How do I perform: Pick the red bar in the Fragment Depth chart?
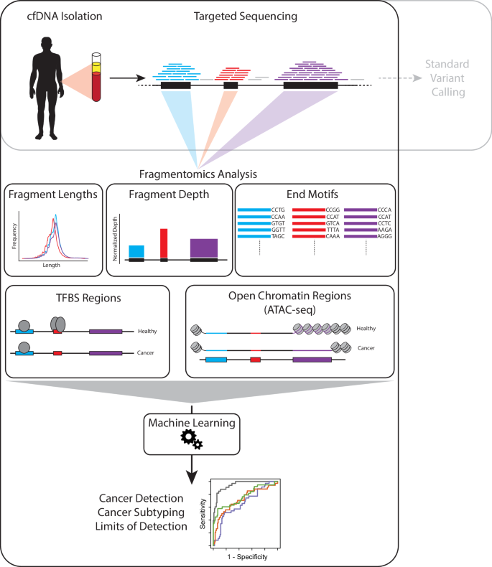click(164, 243)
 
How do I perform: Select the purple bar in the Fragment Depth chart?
click(203, 248)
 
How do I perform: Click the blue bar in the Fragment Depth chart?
click(136, 251)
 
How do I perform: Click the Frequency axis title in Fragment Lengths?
click(15, 234)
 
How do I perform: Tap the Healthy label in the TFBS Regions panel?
click(147, 331)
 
